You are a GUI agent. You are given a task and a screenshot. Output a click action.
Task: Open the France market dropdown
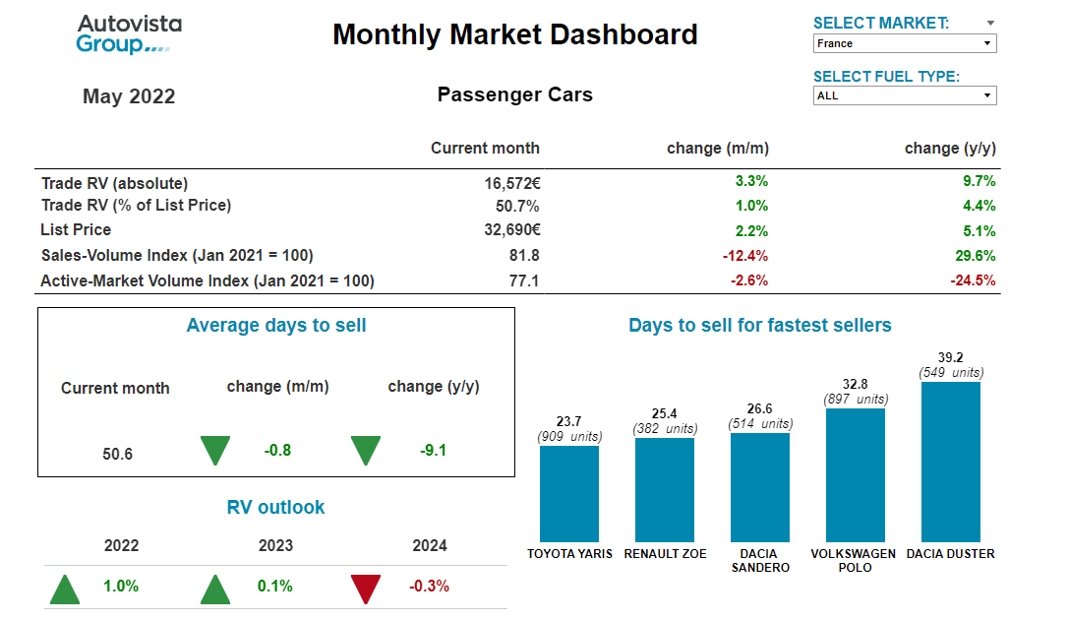pos(905,43)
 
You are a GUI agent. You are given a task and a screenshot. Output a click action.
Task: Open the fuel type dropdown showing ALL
pos(905,95)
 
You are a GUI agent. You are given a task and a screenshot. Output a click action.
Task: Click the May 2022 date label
pos(129,96)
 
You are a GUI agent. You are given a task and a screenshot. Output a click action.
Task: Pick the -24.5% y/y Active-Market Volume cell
pos(973,280)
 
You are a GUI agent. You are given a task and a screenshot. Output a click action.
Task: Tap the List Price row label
pos(76,230)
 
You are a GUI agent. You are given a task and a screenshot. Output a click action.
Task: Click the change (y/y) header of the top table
pos(950,149)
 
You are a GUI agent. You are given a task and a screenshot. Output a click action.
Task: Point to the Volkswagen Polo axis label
pos(853,560)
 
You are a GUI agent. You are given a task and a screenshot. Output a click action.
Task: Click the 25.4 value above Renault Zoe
pos(664,413)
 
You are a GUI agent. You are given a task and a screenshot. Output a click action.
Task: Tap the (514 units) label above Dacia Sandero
pos(759,423)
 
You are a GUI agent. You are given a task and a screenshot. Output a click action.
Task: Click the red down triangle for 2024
pos(366,589)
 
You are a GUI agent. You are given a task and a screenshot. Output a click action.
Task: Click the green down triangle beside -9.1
pos(366,451)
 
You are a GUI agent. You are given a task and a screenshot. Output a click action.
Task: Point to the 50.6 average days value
pos(117,455)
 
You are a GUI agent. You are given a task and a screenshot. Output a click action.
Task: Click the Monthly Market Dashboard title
pos(514,35)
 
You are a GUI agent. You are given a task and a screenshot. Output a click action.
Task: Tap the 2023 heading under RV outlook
pos(275,546)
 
